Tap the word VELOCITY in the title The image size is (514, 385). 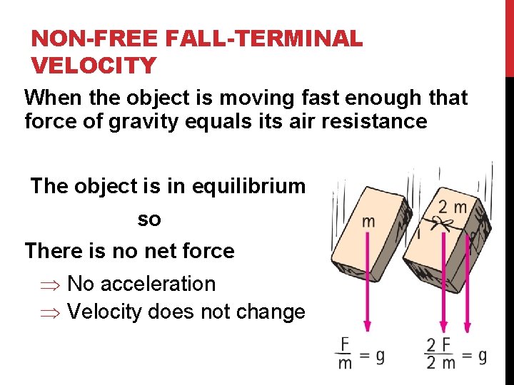tap(94, 66)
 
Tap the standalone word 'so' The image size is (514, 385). tap(149, 219)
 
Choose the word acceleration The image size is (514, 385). tap(158, 284)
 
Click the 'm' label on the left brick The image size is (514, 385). tap(368, 221)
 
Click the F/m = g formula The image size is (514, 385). tap(361, 354)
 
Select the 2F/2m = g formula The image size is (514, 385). tap(455, 354)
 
